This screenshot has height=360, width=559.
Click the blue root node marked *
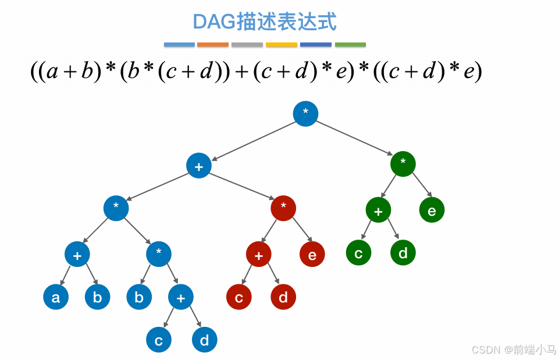[305, 113]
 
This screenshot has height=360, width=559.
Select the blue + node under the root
[199, 166]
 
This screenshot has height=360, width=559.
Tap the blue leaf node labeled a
[56, 297]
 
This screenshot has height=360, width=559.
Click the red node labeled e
[312, 254]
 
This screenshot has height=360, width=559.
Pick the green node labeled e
[432, 211]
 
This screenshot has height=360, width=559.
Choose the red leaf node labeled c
[239, 297]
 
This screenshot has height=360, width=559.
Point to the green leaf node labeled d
[403, 254]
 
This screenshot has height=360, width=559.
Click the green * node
[403, 163]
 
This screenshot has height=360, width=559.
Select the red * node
[283, 207]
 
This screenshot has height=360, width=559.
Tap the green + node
[379, 211]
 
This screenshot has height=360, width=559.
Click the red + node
[259, 254]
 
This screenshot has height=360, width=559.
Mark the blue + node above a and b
[77, 254]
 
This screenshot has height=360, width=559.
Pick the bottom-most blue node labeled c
[159, 340]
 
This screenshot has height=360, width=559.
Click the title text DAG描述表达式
[265, 22]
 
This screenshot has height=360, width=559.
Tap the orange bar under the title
[213, 44]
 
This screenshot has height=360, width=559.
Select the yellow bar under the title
[282, 44]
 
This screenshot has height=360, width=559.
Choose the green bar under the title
[350, 44]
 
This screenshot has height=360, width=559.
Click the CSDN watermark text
[514, 350]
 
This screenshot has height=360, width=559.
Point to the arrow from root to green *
[355, 138]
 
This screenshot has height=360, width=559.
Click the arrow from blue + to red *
[241, 186]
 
